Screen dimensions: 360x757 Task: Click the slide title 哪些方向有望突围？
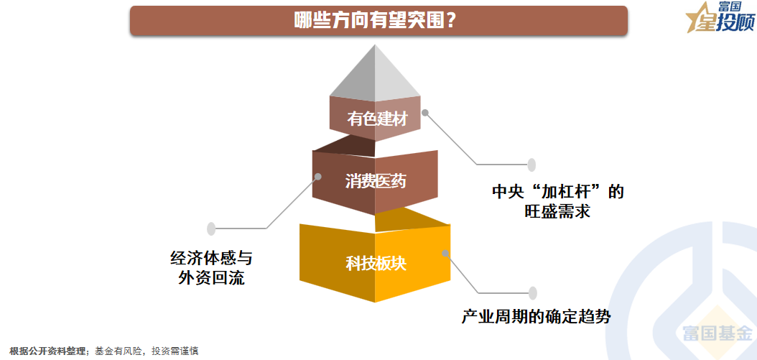(x=378, y=20)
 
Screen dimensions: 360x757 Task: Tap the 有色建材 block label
(x=377, y=119)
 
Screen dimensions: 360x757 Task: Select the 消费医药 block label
(x=376, y=181)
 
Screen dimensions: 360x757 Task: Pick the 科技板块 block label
(x=376, y=264)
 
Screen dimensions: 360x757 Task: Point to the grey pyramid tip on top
(x=375, y=72)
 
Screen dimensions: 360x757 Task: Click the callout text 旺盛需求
(x=557, y=212)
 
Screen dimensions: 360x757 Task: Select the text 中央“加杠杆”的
(x=557, y=193)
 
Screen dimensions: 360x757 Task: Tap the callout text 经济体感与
(x=211, y=258)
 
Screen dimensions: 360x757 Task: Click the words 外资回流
(x=211, y=277)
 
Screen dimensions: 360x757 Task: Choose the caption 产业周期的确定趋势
(x=536, y=315)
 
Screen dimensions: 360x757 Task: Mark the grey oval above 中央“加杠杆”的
(x=532, y=165)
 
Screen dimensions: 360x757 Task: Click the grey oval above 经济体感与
(x=211, y=229)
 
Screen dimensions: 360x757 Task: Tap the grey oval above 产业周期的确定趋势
(x=533, y=292)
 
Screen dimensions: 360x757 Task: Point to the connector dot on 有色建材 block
(x=425, y=113)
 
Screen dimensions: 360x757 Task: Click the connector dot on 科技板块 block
(x=445, y=253)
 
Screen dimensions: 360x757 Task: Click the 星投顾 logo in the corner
(x=718, y=19)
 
